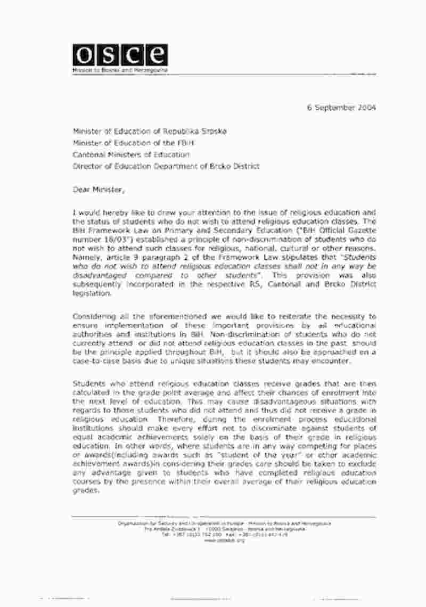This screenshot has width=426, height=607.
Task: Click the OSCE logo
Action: (x=120, y=54)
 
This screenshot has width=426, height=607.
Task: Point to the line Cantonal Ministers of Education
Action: (x=131, y=154)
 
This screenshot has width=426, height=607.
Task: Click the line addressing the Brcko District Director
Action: (x=166, y=166)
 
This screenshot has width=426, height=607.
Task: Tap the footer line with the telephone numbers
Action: (x=224, y=535)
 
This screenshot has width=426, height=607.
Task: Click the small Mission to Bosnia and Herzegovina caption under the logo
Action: (x=120, y=70)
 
